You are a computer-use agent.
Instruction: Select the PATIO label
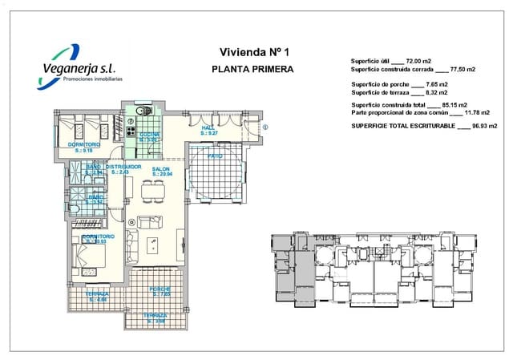click(x=215, y=156)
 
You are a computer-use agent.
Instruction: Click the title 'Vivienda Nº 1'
click(x=252, y=52)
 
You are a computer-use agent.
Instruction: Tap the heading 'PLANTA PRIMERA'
click(x=252, y=69)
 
